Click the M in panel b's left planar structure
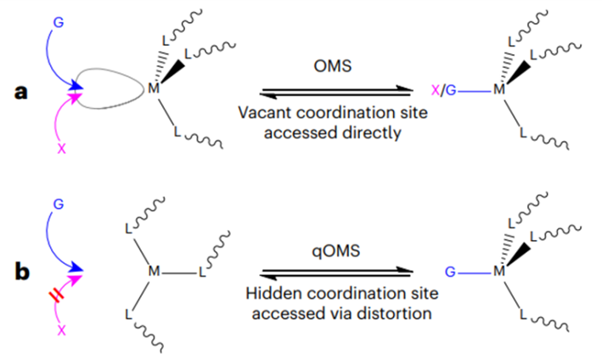pos(154,271)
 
